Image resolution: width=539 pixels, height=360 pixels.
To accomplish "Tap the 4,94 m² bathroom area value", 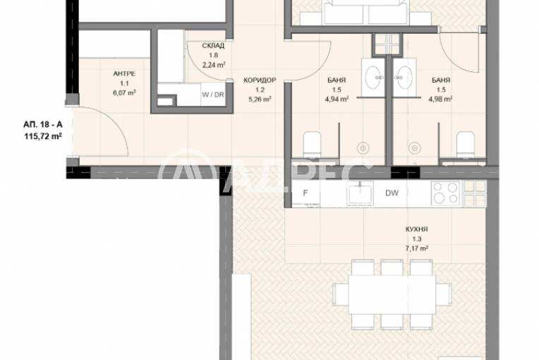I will pos(337,100).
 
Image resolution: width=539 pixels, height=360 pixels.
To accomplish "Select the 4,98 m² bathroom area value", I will pos(442,100).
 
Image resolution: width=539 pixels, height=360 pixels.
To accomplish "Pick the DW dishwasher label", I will pos(391,191).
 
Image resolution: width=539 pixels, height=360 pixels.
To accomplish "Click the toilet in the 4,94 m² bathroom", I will pos(311,145).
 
